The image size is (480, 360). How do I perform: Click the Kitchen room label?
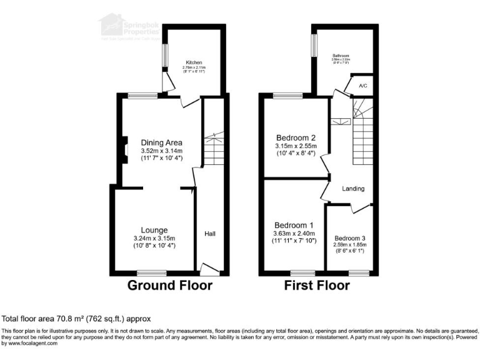(194, 63)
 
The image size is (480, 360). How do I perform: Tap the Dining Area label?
(161, 142)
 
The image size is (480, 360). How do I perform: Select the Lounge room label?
(154, 230)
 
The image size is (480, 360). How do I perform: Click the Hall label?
(210, 234)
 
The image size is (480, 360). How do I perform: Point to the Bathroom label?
(341, 56)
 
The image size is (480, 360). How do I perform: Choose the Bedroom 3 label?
(350, 238)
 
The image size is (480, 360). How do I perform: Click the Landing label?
(353, 188)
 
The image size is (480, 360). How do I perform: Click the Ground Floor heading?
(170, 286)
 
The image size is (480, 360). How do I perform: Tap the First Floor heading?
(317, 286)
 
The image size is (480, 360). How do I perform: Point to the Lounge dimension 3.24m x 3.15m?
(154, 238)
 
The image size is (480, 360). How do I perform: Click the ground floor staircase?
(214, 150)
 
